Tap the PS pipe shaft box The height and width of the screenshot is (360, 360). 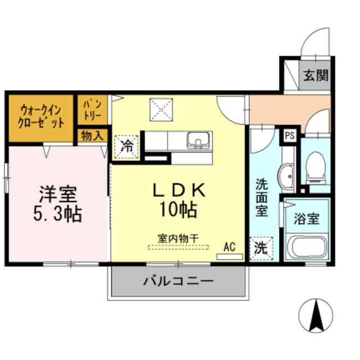(x=290, y=136)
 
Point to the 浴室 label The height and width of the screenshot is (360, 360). (x=306, y=218)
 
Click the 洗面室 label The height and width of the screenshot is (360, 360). (x=262, y=197)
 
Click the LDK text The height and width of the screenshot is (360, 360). (x=177, y=190)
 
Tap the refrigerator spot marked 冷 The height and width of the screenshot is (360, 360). (x=127, y=147)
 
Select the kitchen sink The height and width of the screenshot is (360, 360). (x=197, y=139)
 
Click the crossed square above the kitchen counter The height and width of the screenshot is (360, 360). (x=160, y=109)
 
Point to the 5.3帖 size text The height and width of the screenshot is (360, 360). (x=57, y=213)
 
